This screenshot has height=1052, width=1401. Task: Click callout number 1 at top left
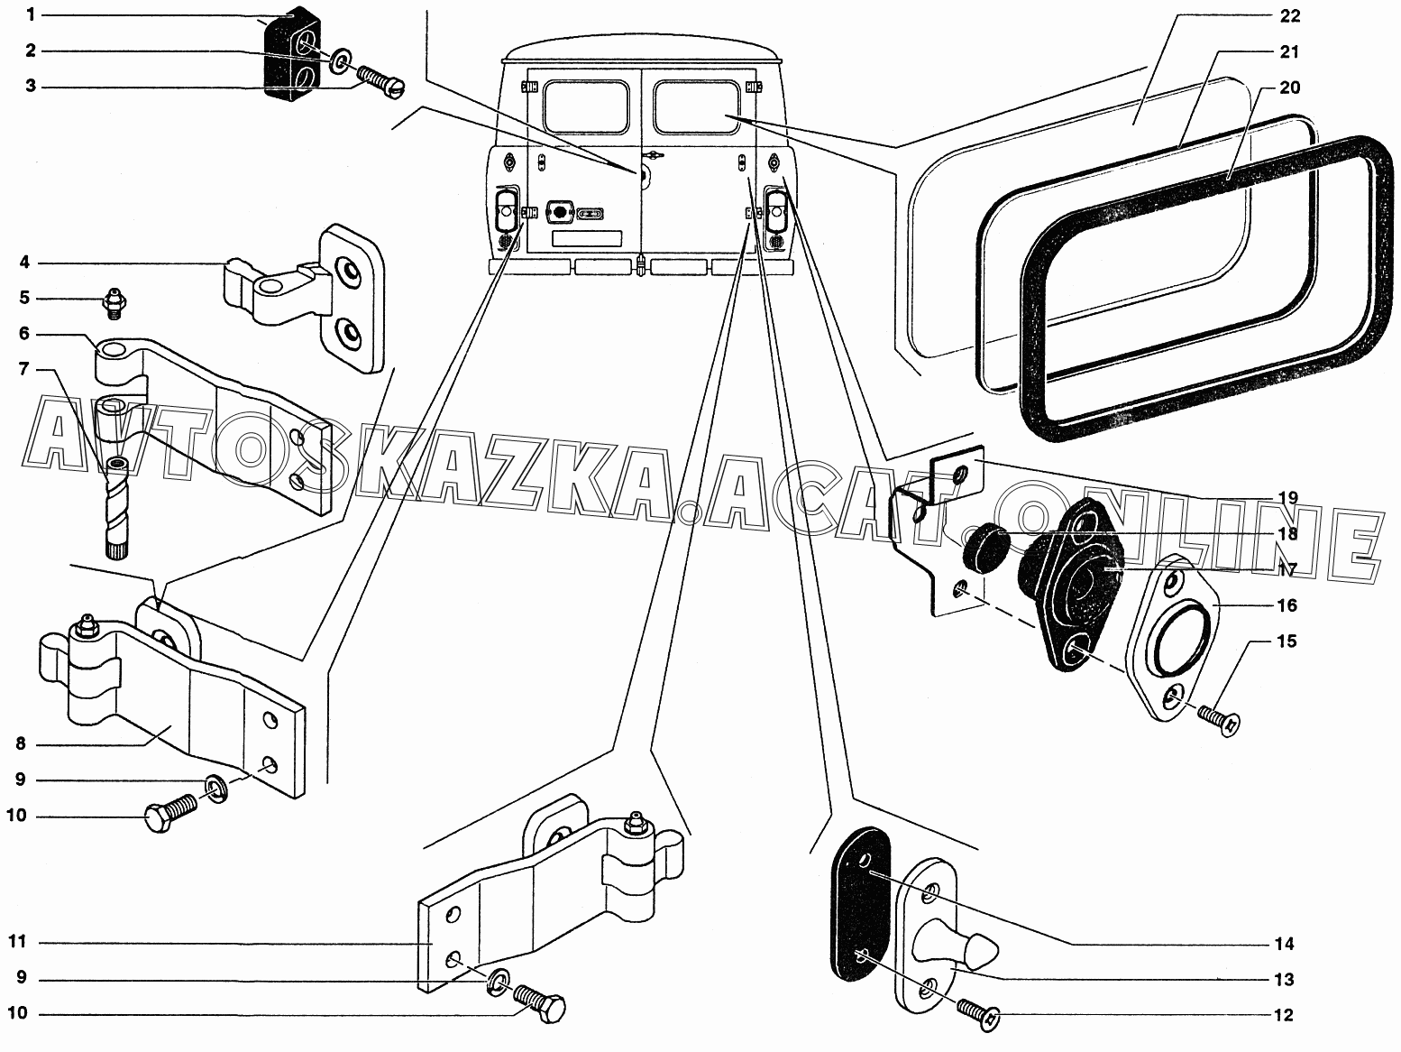(x=30, y=14)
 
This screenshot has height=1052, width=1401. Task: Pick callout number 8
(x=19, y=744)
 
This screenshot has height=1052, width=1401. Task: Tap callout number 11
(x=17, y=942)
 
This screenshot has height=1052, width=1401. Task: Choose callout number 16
(x=1287, y=604)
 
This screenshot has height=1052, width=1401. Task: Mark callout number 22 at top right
(x=1289, y=16)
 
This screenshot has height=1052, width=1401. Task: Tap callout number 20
(x=1289, y=88)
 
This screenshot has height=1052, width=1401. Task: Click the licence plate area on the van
(x=586, y=238)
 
